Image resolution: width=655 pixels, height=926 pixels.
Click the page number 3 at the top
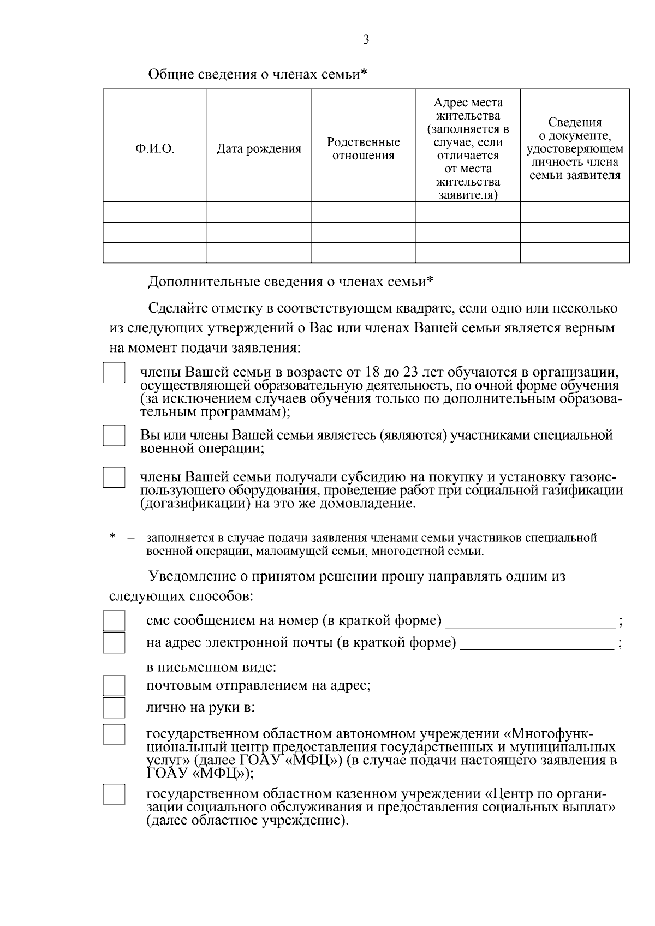pos(366,39)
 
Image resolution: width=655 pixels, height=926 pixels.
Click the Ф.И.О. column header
pos(155,149)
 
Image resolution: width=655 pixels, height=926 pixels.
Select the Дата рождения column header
pos(259,149)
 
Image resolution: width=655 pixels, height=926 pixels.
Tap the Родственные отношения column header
pos(363,149)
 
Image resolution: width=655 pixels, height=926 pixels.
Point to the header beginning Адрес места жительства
pos(468,149)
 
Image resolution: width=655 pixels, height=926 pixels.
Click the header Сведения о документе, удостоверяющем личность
pos(575,149)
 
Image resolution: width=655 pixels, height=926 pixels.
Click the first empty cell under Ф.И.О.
pos(155,212)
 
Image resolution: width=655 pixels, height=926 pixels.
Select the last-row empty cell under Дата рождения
pos(259,253)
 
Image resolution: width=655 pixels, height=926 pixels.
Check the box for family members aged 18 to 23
pos(114,373)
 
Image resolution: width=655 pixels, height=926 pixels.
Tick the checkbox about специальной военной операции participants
pos(114,435)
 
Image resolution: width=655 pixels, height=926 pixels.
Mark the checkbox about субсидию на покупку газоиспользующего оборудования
pos(114,476)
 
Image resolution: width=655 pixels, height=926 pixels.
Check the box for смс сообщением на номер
pos(114,621)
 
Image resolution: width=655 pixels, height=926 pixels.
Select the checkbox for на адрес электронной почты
pos(114,643)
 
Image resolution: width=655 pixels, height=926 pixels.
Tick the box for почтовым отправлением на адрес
pos(114,686)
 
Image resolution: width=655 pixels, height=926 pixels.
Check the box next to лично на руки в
pos(114,708)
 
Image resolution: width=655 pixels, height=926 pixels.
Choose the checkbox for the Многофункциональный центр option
pos(114,734)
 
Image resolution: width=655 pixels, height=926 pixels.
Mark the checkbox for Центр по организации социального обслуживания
pos(114,794)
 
